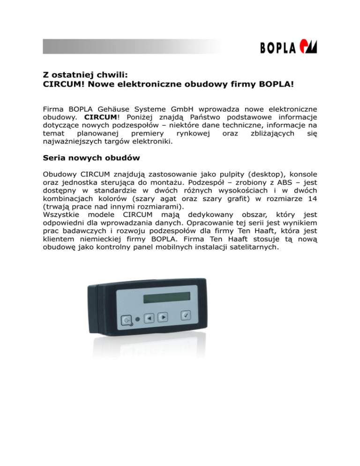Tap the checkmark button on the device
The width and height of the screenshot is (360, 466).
point(186,316)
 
